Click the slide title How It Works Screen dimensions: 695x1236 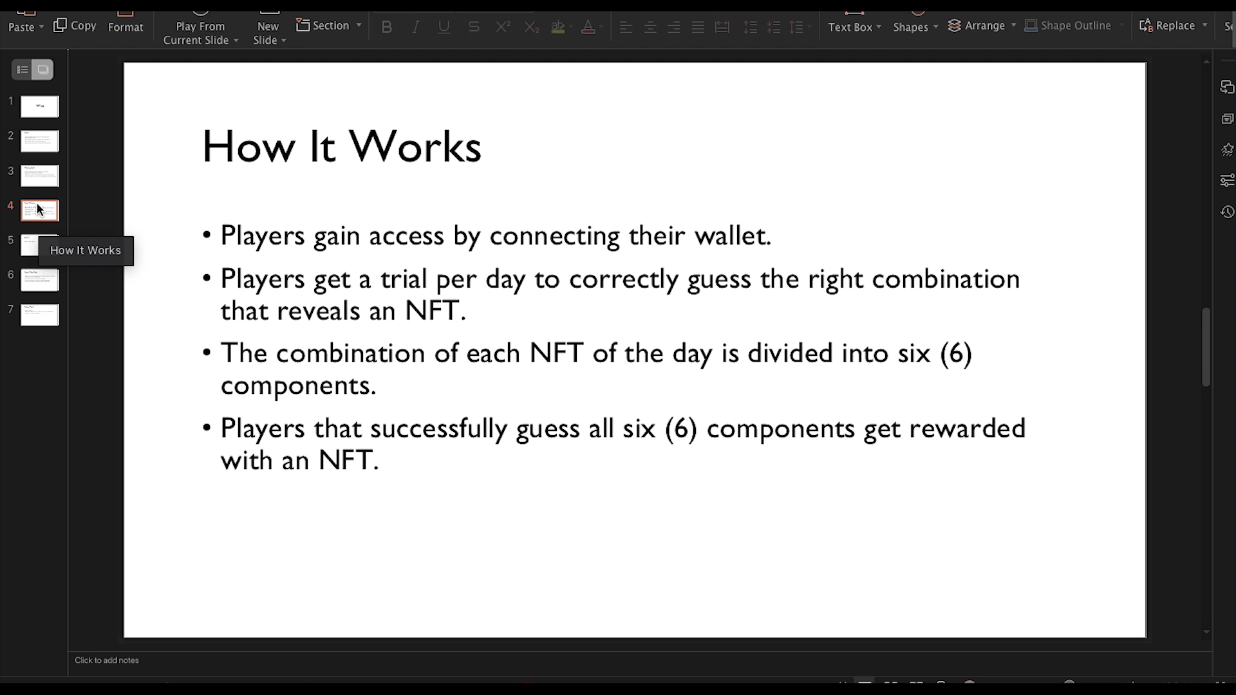point(341,147)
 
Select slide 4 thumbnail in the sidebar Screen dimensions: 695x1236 point(40,210)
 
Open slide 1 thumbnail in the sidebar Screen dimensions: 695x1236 point(40,106)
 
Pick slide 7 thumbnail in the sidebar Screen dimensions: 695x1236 point(40,315)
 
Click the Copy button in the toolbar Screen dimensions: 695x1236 point(75,26)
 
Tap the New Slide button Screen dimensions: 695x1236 point(268,32)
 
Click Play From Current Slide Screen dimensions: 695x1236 point(200,32)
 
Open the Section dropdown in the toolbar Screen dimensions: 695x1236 point(329,26)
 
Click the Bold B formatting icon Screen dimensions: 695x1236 point(386,27)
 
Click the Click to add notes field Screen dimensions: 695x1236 point(107,660)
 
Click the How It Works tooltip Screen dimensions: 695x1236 point(86,250)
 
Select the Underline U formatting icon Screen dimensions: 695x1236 point(444,27)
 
